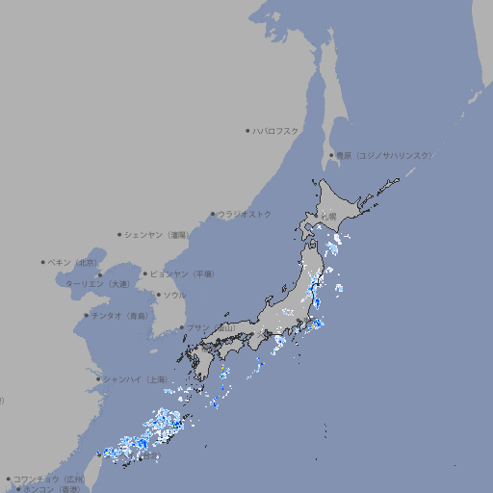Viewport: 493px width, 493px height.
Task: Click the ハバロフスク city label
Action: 276,130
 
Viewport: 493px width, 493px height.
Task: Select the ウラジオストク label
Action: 245,214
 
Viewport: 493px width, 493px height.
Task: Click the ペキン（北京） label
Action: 73,262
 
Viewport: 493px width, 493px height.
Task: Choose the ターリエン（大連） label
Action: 97,284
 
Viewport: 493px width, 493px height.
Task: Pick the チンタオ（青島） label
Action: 119,315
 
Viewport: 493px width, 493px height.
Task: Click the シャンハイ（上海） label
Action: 136,378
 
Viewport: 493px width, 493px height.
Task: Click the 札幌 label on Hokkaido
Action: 329,216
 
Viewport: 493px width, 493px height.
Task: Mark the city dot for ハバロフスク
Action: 247,130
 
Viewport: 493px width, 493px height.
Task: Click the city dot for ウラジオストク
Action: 213,214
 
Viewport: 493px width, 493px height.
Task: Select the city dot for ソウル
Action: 158,295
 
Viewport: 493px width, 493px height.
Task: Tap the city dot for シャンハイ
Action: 98,378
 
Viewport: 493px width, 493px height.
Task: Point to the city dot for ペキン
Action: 43,262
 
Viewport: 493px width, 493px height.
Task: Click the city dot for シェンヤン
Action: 119,234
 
